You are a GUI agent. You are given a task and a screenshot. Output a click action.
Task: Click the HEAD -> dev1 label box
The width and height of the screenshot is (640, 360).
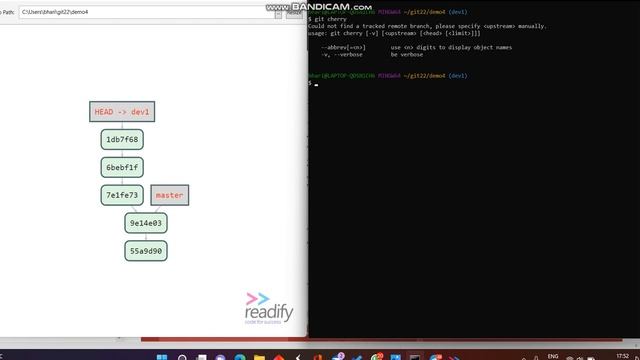point(124,112)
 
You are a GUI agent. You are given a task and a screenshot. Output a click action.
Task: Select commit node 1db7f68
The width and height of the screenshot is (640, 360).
point(122,139)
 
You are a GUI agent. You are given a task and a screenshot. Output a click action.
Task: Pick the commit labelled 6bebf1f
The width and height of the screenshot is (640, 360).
point(122,167)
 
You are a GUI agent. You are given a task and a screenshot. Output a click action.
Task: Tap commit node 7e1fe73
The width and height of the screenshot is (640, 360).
point(122,195)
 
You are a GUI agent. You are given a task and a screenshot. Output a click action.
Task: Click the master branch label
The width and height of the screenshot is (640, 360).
point(169,195)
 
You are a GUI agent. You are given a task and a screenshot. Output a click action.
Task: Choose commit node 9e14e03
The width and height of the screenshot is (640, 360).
point(146,223)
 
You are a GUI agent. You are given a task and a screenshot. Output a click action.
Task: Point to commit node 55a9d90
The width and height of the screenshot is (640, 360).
point(146,251)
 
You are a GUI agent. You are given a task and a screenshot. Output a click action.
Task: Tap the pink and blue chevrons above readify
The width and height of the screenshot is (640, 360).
point(258,298)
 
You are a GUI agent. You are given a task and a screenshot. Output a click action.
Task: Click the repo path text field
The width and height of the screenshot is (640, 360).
point(150,14)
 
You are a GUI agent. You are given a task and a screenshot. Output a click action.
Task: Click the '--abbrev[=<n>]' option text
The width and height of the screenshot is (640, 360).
point(343,47)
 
